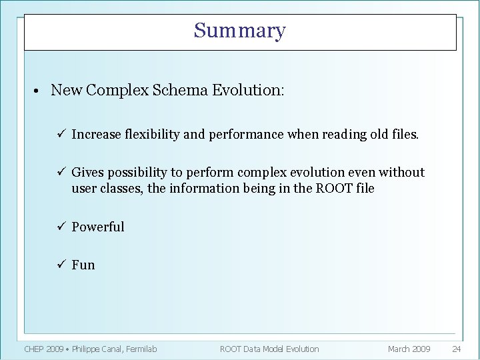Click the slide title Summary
(x=240, y=31)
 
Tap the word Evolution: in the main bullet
(x=248, y=90)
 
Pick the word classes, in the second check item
(x=121, y=189)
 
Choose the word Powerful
(x=98, y=227)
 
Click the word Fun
(x=83, y=265)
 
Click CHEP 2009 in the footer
(x=45, y=349)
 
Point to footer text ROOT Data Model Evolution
(x=269, y=349)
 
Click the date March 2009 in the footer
(x=409, y=349)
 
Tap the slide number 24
(x=457, y=349)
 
